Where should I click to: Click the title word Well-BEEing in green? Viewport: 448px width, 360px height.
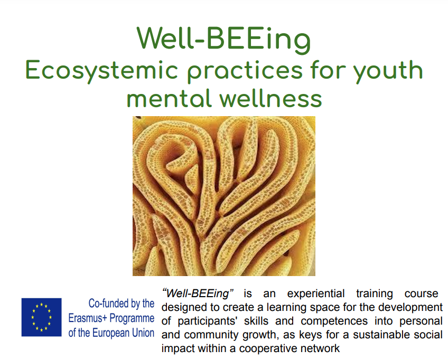pos(223,40)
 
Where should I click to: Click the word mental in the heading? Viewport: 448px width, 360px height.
pos(169,98)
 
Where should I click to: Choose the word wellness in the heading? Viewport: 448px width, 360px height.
pos(271,98)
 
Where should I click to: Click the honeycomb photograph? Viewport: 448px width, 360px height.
pos(223,196)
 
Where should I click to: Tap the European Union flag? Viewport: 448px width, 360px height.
pos(41,317)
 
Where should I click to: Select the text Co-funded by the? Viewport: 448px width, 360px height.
pos(122,304)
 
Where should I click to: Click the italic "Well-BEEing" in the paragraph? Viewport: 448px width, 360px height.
pos(198,293)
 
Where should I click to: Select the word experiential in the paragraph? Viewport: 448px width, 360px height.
pos(316,294)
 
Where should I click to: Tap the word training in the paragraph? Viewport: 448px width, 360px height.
pos(374,294)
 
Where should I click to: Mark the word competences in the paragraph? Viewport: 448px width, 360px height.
pos(334,321)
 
